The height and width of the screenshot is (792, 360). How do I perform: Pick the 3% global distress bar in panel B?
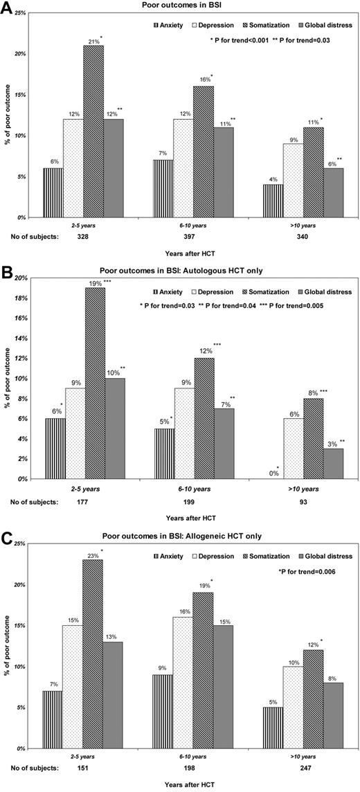pyautogui.click(x=334, y=463)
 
